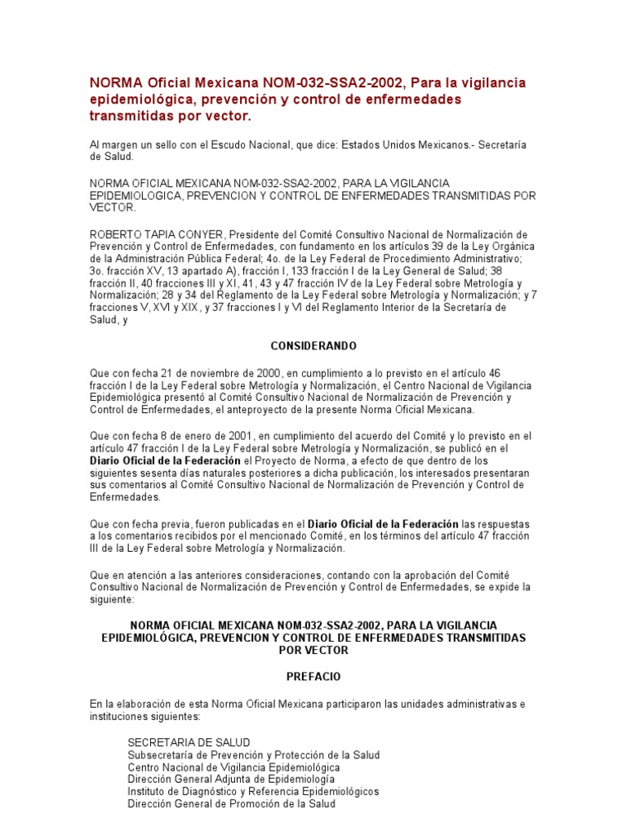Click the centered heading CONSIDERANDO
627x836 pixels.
coord(313,345)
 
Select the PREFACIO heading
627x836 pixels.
coord(313,677)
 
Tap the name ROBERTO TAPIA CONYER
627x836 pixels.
coord(141,234)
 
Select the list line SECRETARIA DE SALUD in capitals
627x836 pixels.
coord(189,742)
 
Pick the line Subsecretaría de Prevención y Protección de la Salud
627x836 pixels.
coord(253,755)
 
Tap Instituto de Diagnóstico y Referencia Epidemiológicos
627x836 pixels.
coord(253,792)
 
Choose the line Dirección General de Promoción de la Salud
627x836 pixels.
coord(231,804)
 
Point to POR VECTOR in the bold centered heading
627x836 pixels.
coord(313,650)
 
